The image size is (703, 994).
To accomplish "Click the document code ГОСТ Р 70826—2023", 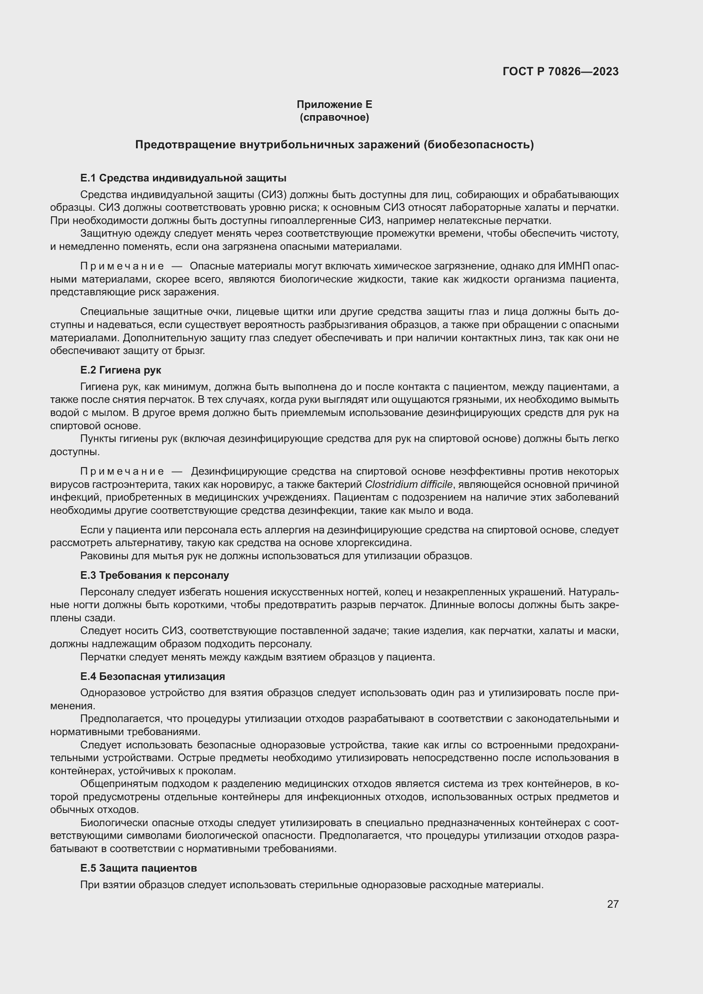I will [560, 71].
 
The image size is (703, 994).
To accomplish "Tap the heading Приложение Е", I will [334, 105].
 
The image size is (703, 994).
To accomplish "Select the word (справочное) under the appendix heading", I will [334, 117].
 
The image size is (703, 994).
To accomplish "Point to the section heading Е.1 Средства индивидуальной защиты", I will [183, 178].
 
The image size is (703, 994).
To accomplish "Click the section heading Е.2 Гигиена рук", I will [121, 370].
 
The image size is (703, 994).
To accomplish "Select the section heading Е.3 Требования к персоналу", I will [155, 575].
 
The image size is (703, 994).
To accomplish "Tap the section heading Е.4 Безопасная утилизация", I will [153, 676].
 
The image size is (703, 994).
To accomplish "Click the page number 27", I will [612, 904].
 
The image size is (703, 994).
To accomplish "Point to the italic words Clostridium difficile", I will [408, 484].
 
